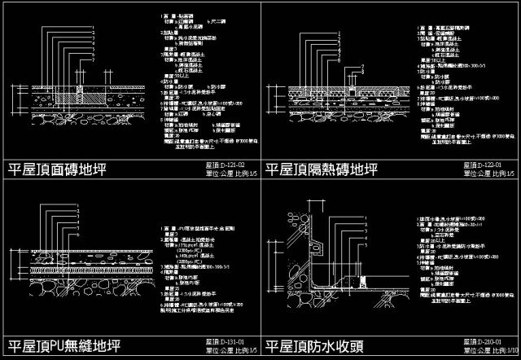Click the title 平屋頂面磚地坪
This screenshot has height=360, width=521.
tap(57, 170)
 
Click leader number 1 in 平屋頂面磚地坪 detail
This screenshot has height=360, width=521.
tap(94, 27)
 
